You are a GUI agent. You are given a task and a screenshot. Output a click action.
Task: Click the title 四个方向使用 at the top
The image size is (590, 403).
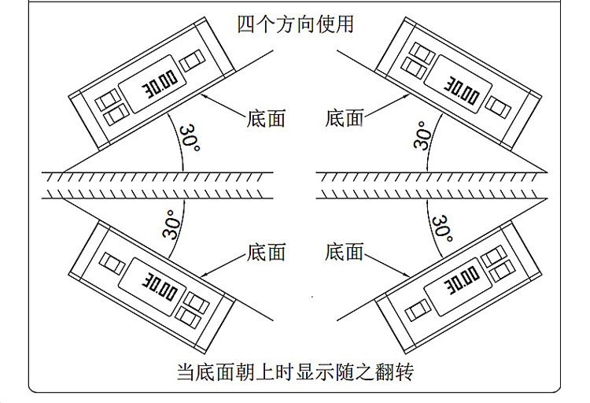click(x=295, y=24)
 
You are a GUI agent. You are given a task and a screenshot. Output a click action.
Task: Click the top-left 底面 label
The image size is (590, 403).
click(x=266, y=119)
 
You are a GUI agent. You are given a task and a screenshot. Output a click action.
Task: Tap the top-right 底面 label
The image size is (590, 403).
click(x=344, y=119)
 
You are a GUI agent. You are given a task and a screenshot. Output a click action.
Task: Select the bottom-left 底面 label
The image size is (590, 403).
click(x=266, y=252)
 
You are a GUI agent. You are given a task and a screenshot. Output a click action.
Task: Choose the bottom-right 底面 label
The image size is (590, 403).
click(x=344, y=252)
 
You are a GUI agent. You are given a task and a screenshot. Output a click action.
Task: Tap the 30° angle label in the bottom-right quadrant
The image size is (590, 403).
click(x=442, y=229)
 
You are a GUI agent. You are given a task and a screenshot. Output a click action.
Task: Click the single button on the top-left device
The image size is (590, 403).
click(x=191, y=59)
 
